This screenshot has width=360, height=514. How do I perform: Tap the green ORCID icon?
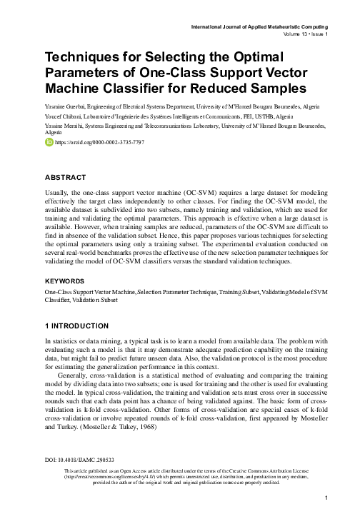(x=49, y=143)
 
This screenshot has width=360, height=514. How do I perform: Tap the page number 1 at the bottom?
(x=326, y=498)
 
